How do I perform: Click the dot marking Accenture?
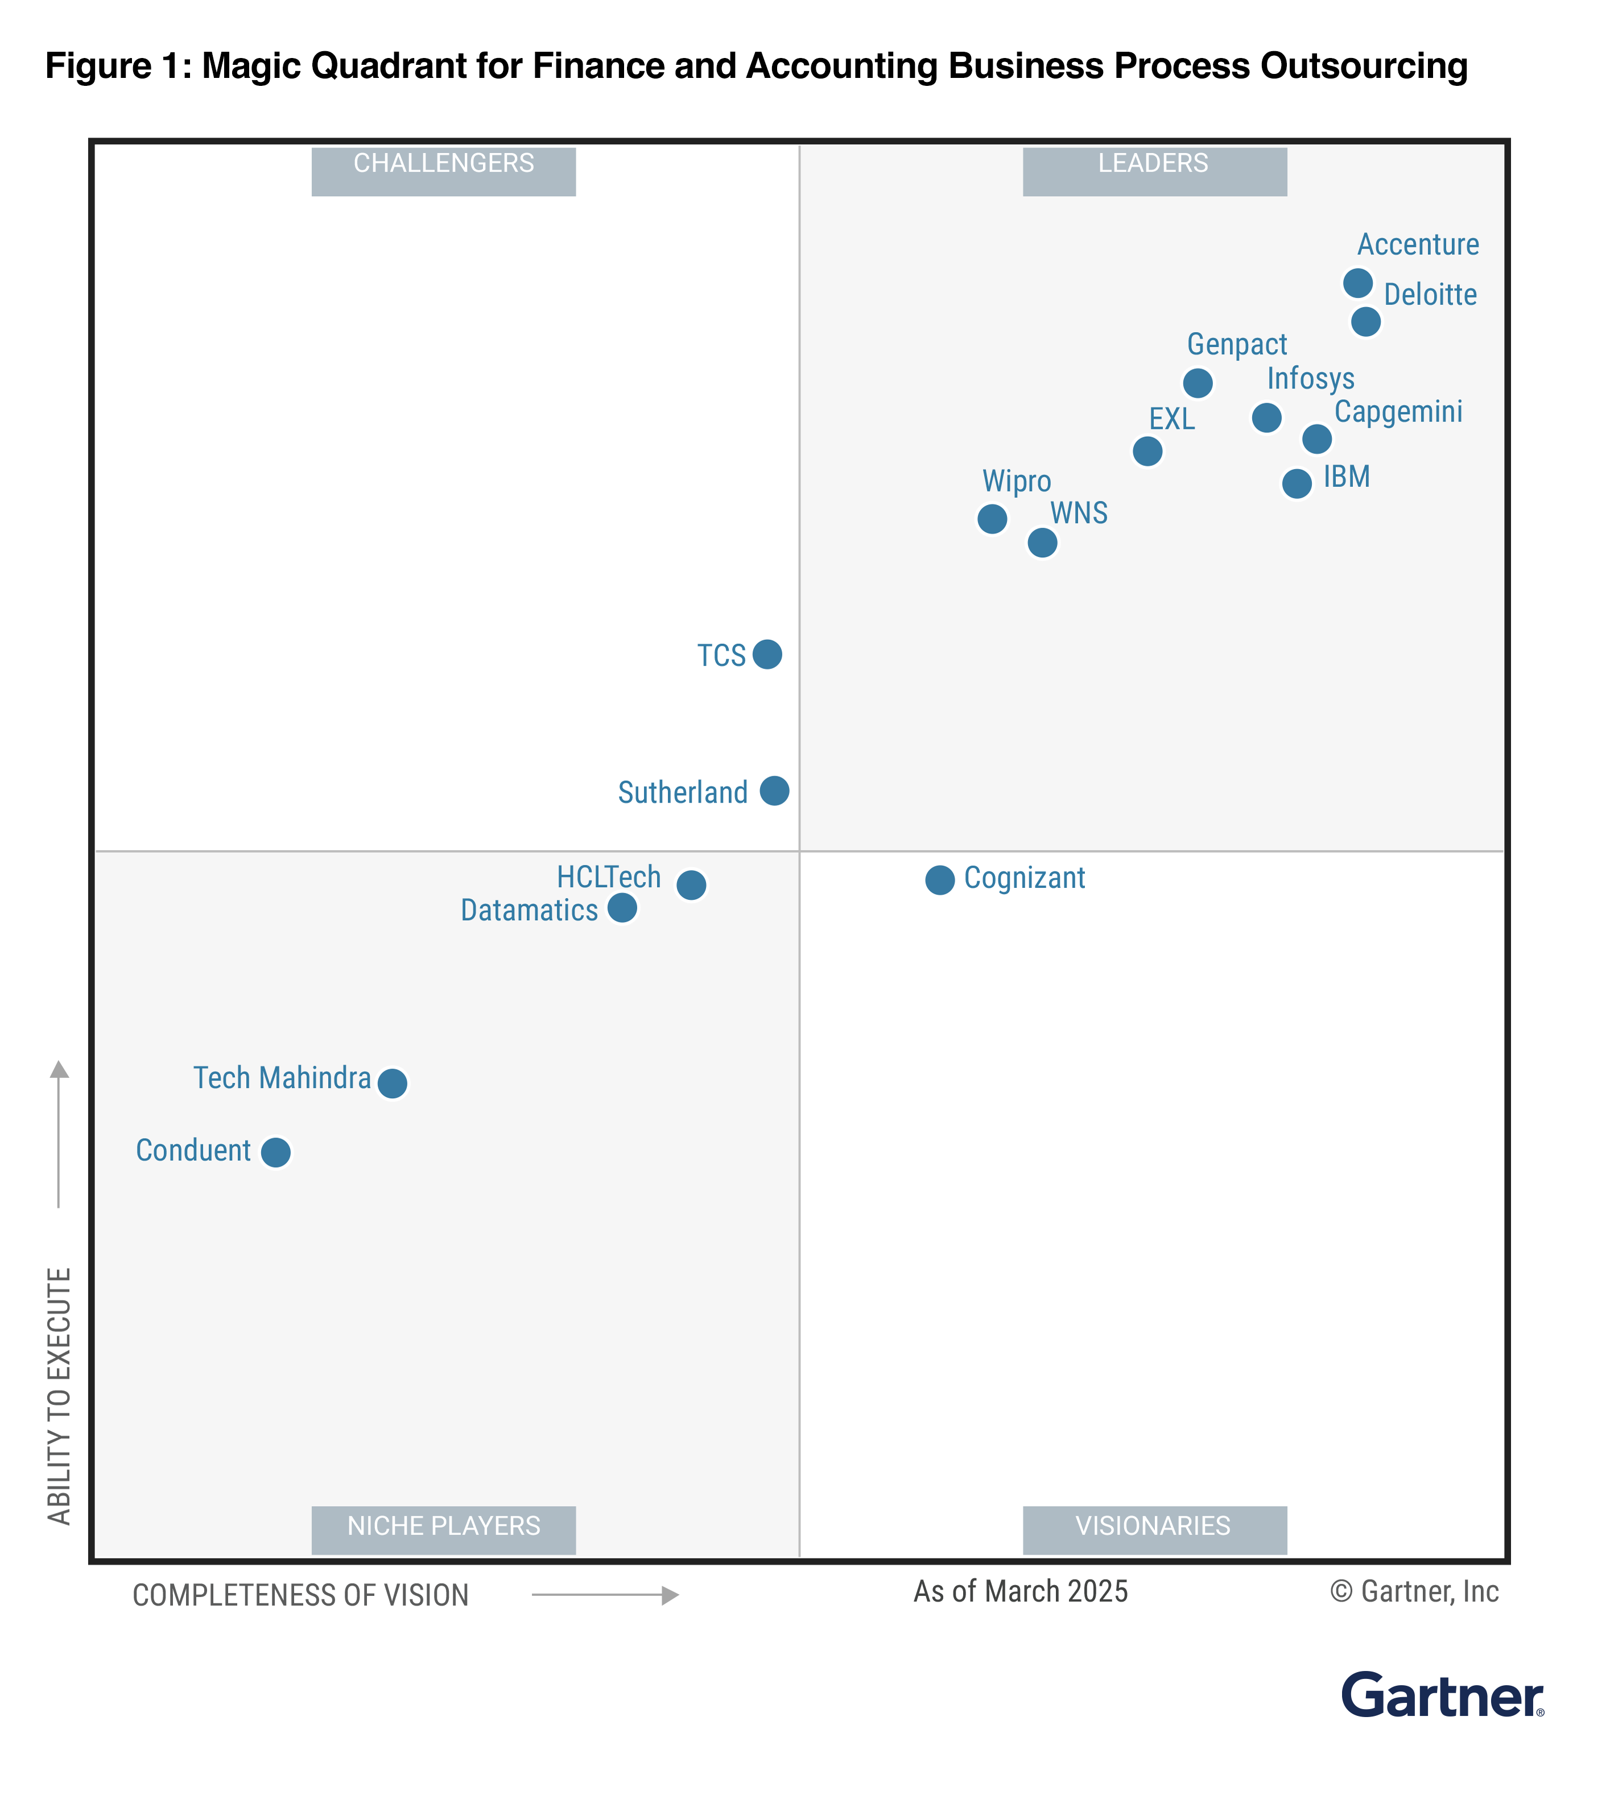(1357, 283)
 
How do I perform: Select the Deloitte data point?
(1365, 321)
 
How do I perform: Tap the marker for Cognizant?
(939, 880)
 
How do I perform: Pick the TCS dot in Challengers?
(767, 655)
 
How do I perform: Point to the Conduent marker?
(276, 1152)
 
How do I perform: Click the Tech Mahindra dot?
(393, 1083)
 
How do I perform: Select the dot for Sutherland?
(774, 791)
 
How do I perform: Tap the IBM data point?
(1297, 483)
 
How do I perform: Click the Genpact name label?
(1237, 345)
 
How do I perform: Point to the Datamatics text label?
(529, 910)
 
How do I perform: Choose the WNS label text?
(1079, 514)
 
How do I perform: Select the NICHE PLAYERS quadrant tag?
(444, 1526)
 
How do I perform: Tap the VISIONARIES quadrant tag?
(1154, 1526)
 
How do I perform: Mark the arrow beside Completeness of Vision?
(605, 1595)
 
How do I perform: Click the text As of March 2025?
(1021, 1591)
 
